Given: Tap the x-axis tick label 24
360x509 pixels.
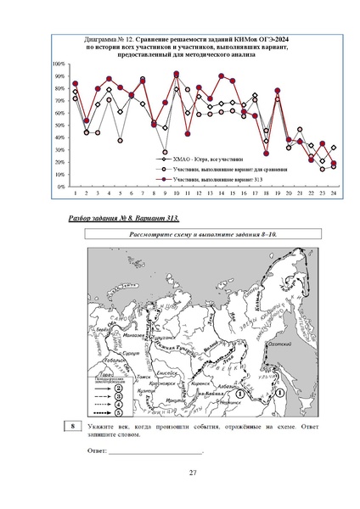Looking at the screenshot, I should pyautogui.click(x=334, y=193).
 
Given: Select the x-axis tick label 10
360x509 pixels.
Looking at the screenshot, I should pyautogui.click(x=176, y=193).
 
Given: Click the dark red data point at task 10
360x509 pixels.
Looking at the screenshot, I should pyautogui.click(x=177, y=74).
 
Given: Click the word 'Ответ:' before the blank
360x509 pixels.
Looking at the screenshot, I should pyautogui.click(x=97, y=450).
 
